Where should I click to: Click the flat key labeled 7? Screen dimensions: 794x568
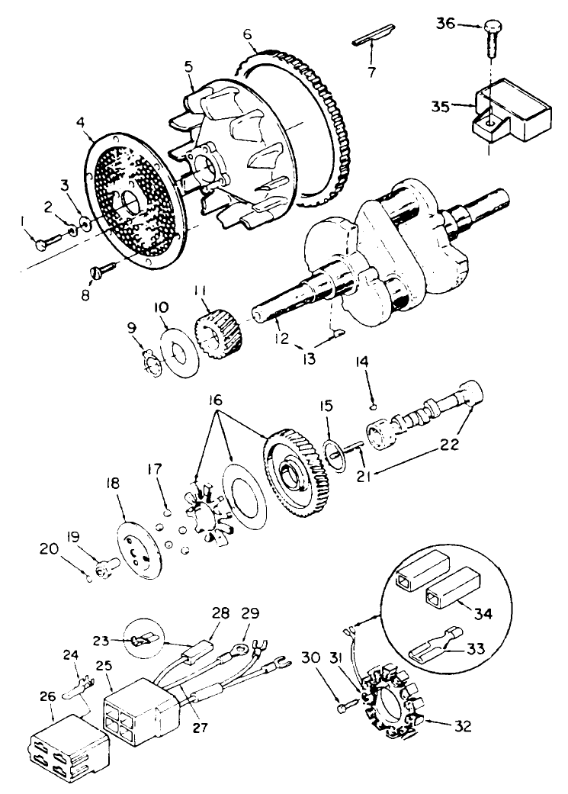click(372, 40)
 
